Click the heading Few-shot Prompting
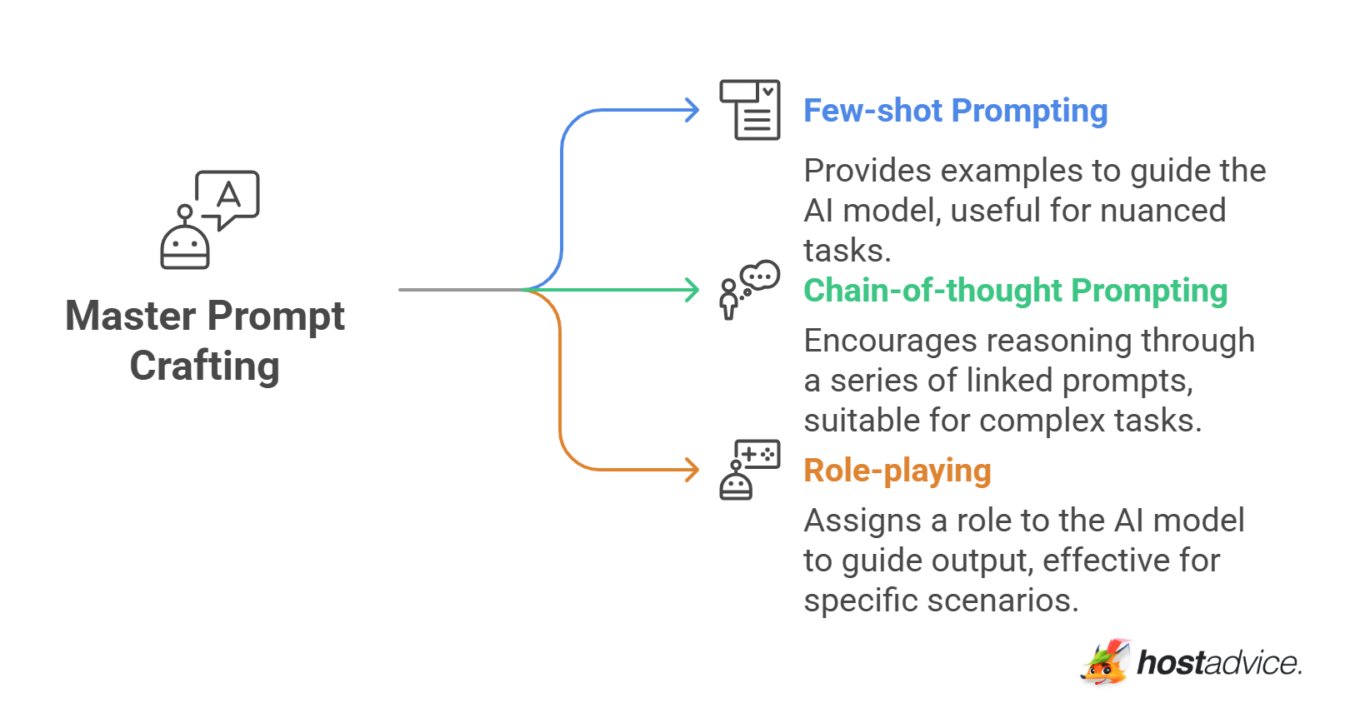955,111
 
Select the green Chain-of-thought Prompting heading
1015,292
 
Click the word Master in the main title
130,316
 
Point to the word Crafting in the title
205,366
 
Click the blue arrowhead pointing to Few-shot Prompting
692,111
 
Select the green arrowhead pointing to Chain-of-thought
692,290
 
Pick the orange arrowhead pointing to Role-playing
692,470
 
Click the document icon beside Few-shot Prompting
750,110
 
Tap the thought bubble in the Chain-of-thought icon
760,276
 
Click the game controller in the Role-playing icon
757,454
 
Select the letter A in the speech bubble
229,195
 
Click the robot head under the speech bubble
185,247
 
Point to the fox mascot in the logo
1106,662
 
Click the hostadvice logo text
1219,663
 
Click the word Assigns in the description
862,521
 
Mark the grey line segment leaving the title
461,290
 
